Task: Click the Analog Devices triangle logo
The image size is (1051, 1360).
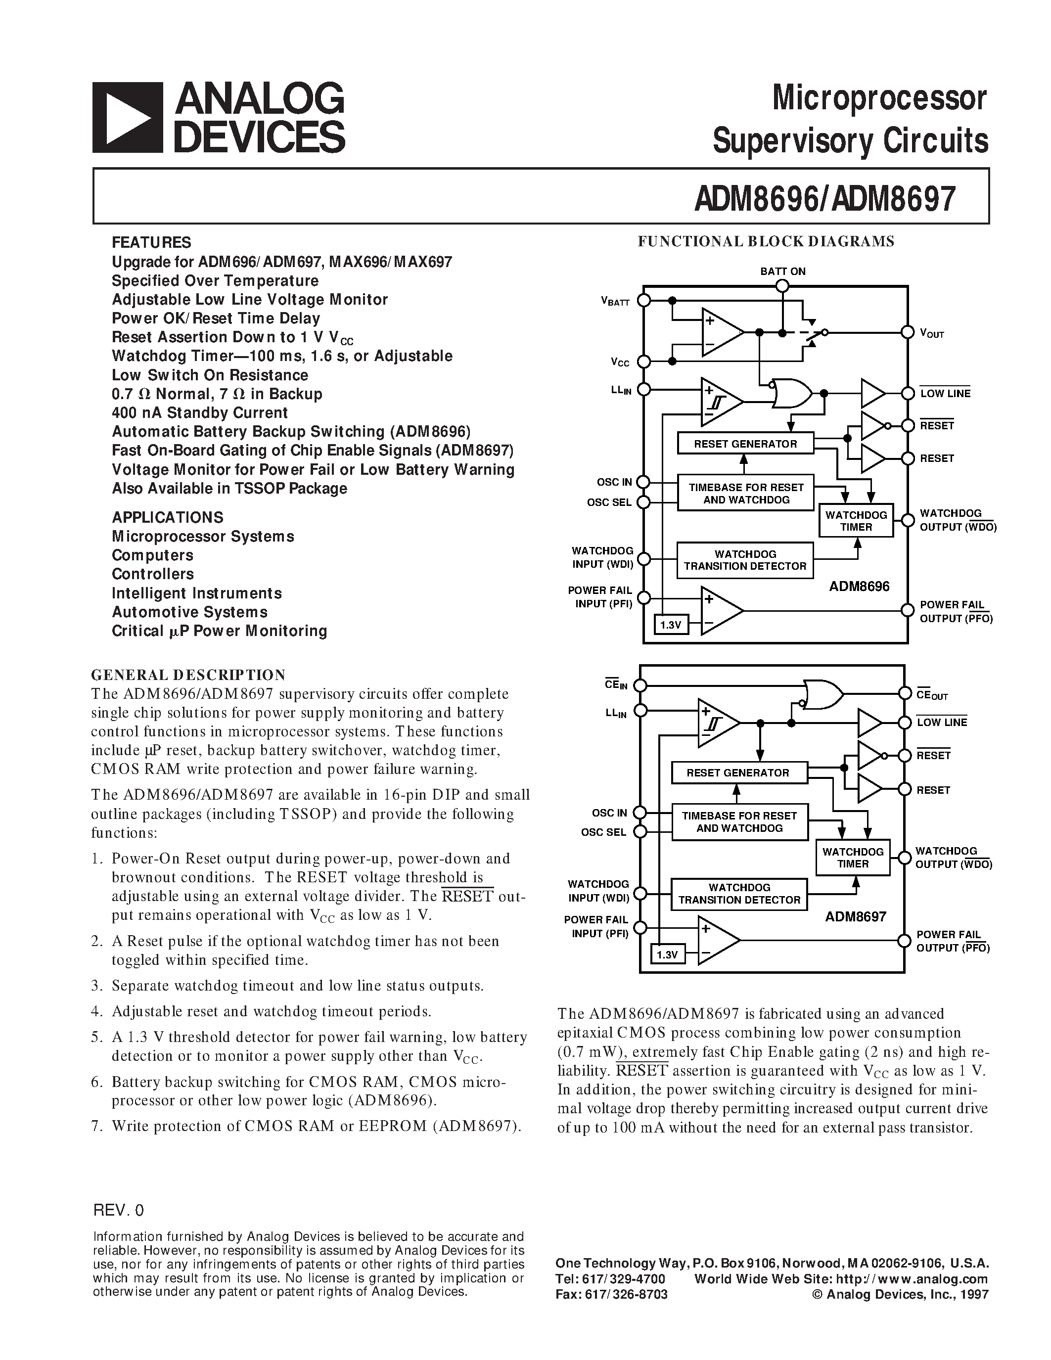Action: (x=128, y=118)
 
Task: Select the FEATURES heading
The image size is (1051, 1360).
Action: (x=151, y=242)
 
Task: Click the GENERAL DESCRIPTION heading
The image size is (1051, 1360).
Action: (x=188, y=675)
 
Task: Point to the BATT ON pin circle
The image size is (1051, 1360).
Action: (x=782, y=286)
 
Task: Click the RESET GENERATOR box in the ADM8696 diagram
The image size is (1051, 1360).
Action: (x=745, y=444)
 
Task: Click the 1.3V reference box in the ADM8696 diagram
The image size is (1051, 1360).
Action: (x=671, y=625)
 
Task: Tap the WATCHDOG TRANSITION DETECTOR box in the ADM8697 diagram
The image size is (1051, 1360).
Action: (x=739, y=894)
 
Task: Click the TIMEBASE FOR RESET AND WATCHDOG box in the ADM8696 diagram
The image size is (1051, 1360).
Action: (x=746, y=494)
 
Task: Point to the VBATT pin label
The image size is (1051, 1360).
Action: (x=615, y=302)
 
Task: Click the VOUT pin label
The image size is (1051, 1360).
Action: (x=932, y=333)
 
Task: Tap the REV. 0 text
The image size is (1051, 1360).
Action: (x=118, y=1210)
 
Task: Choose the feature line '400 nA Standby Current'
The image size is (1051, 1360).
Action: (x=199, y=413)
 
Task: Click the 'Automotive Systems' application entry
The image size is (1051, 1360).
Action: (x=189, y=612)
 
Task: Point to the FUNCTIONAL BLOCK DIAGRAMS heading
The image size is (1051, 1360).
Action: (x=766, y=242)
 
